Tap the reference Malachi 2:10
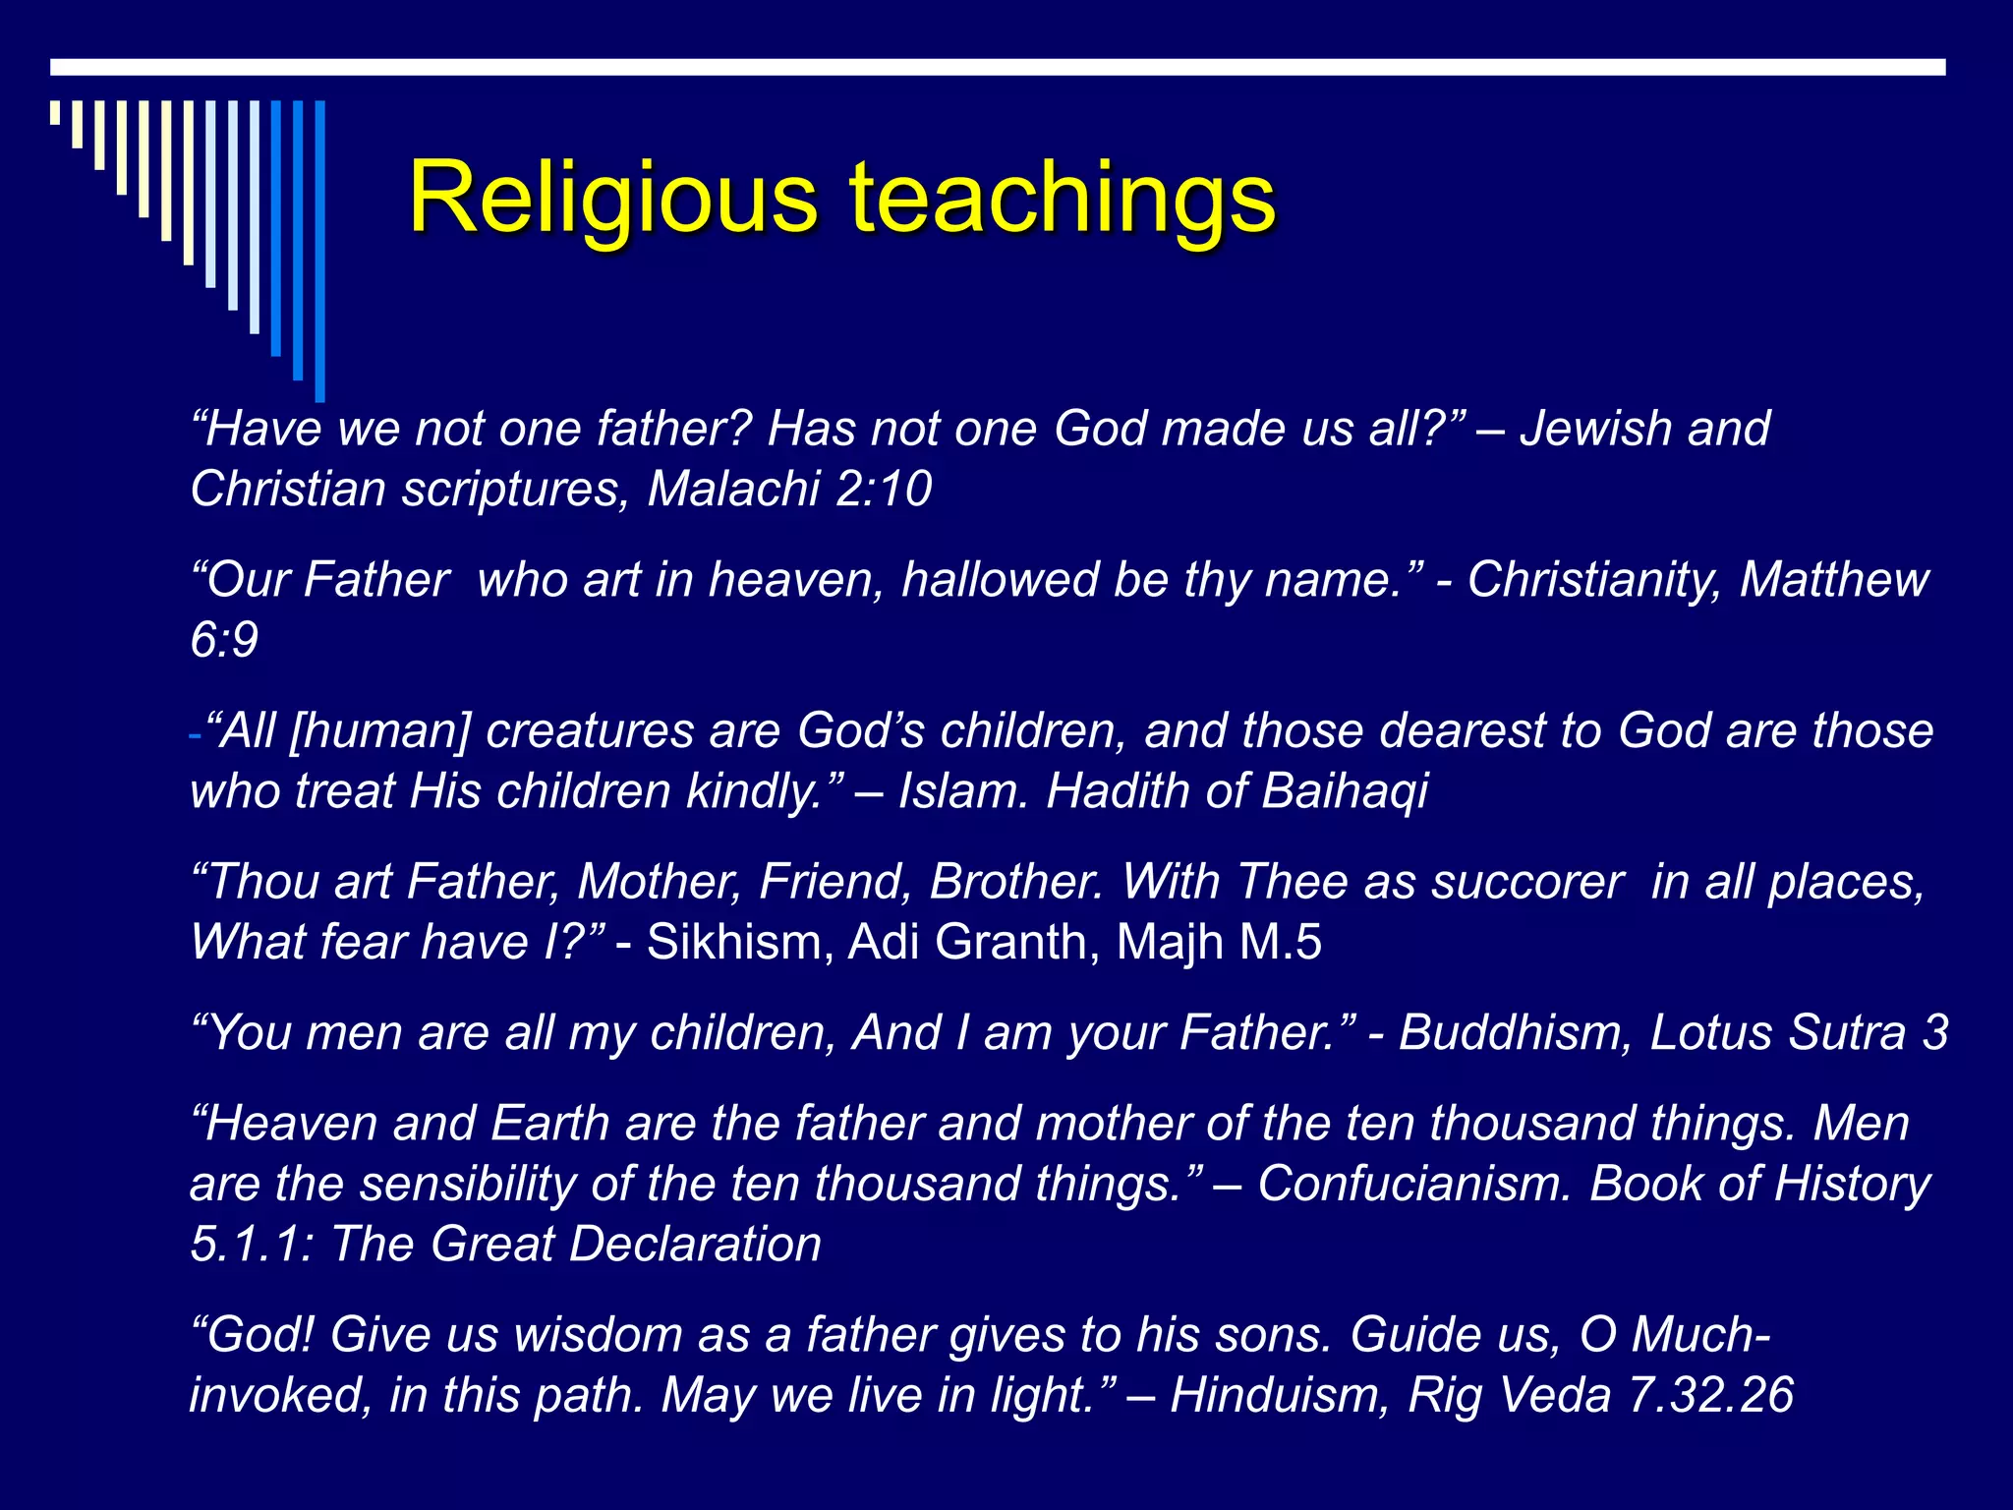coord(789,489)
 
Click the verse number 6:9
coord(224,640)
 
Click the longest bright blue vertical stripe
coord(319,251)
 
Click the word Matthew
coord(1834,580)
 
